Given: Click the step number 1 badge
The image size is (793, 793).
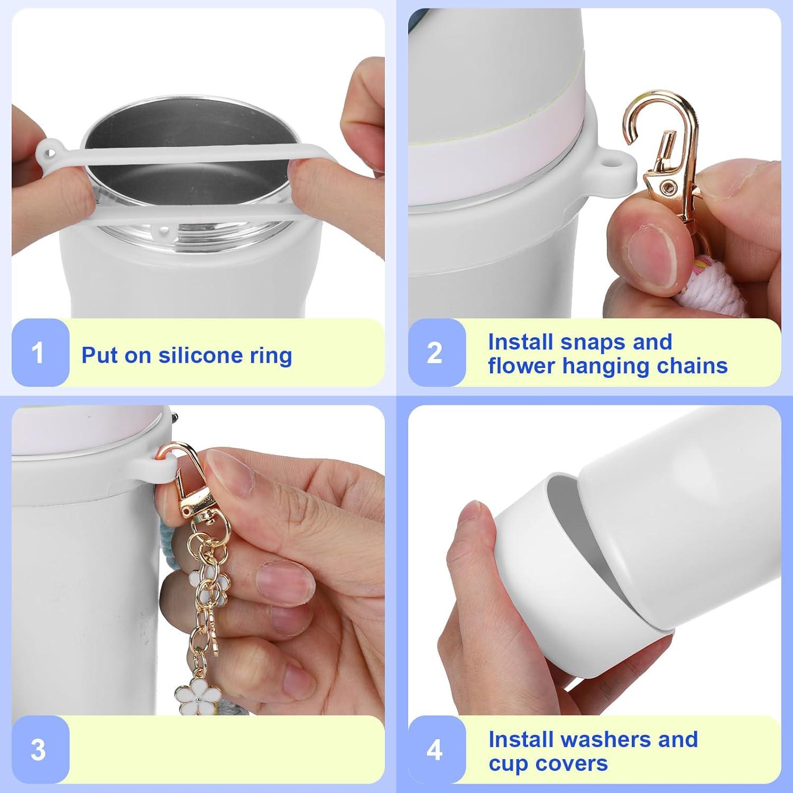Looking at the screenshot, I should pos(38,353).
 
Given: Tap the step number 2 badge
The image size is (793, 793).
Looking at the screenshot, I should pos(435,353).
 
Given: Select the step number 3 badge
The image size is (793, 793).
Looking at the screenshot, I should pos(38,750).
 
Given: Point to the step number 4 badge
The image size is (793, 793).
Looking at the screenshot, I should pos(435,750).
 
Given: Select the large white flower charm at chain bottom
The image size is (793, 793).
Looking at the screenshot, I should pos(190,697).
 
